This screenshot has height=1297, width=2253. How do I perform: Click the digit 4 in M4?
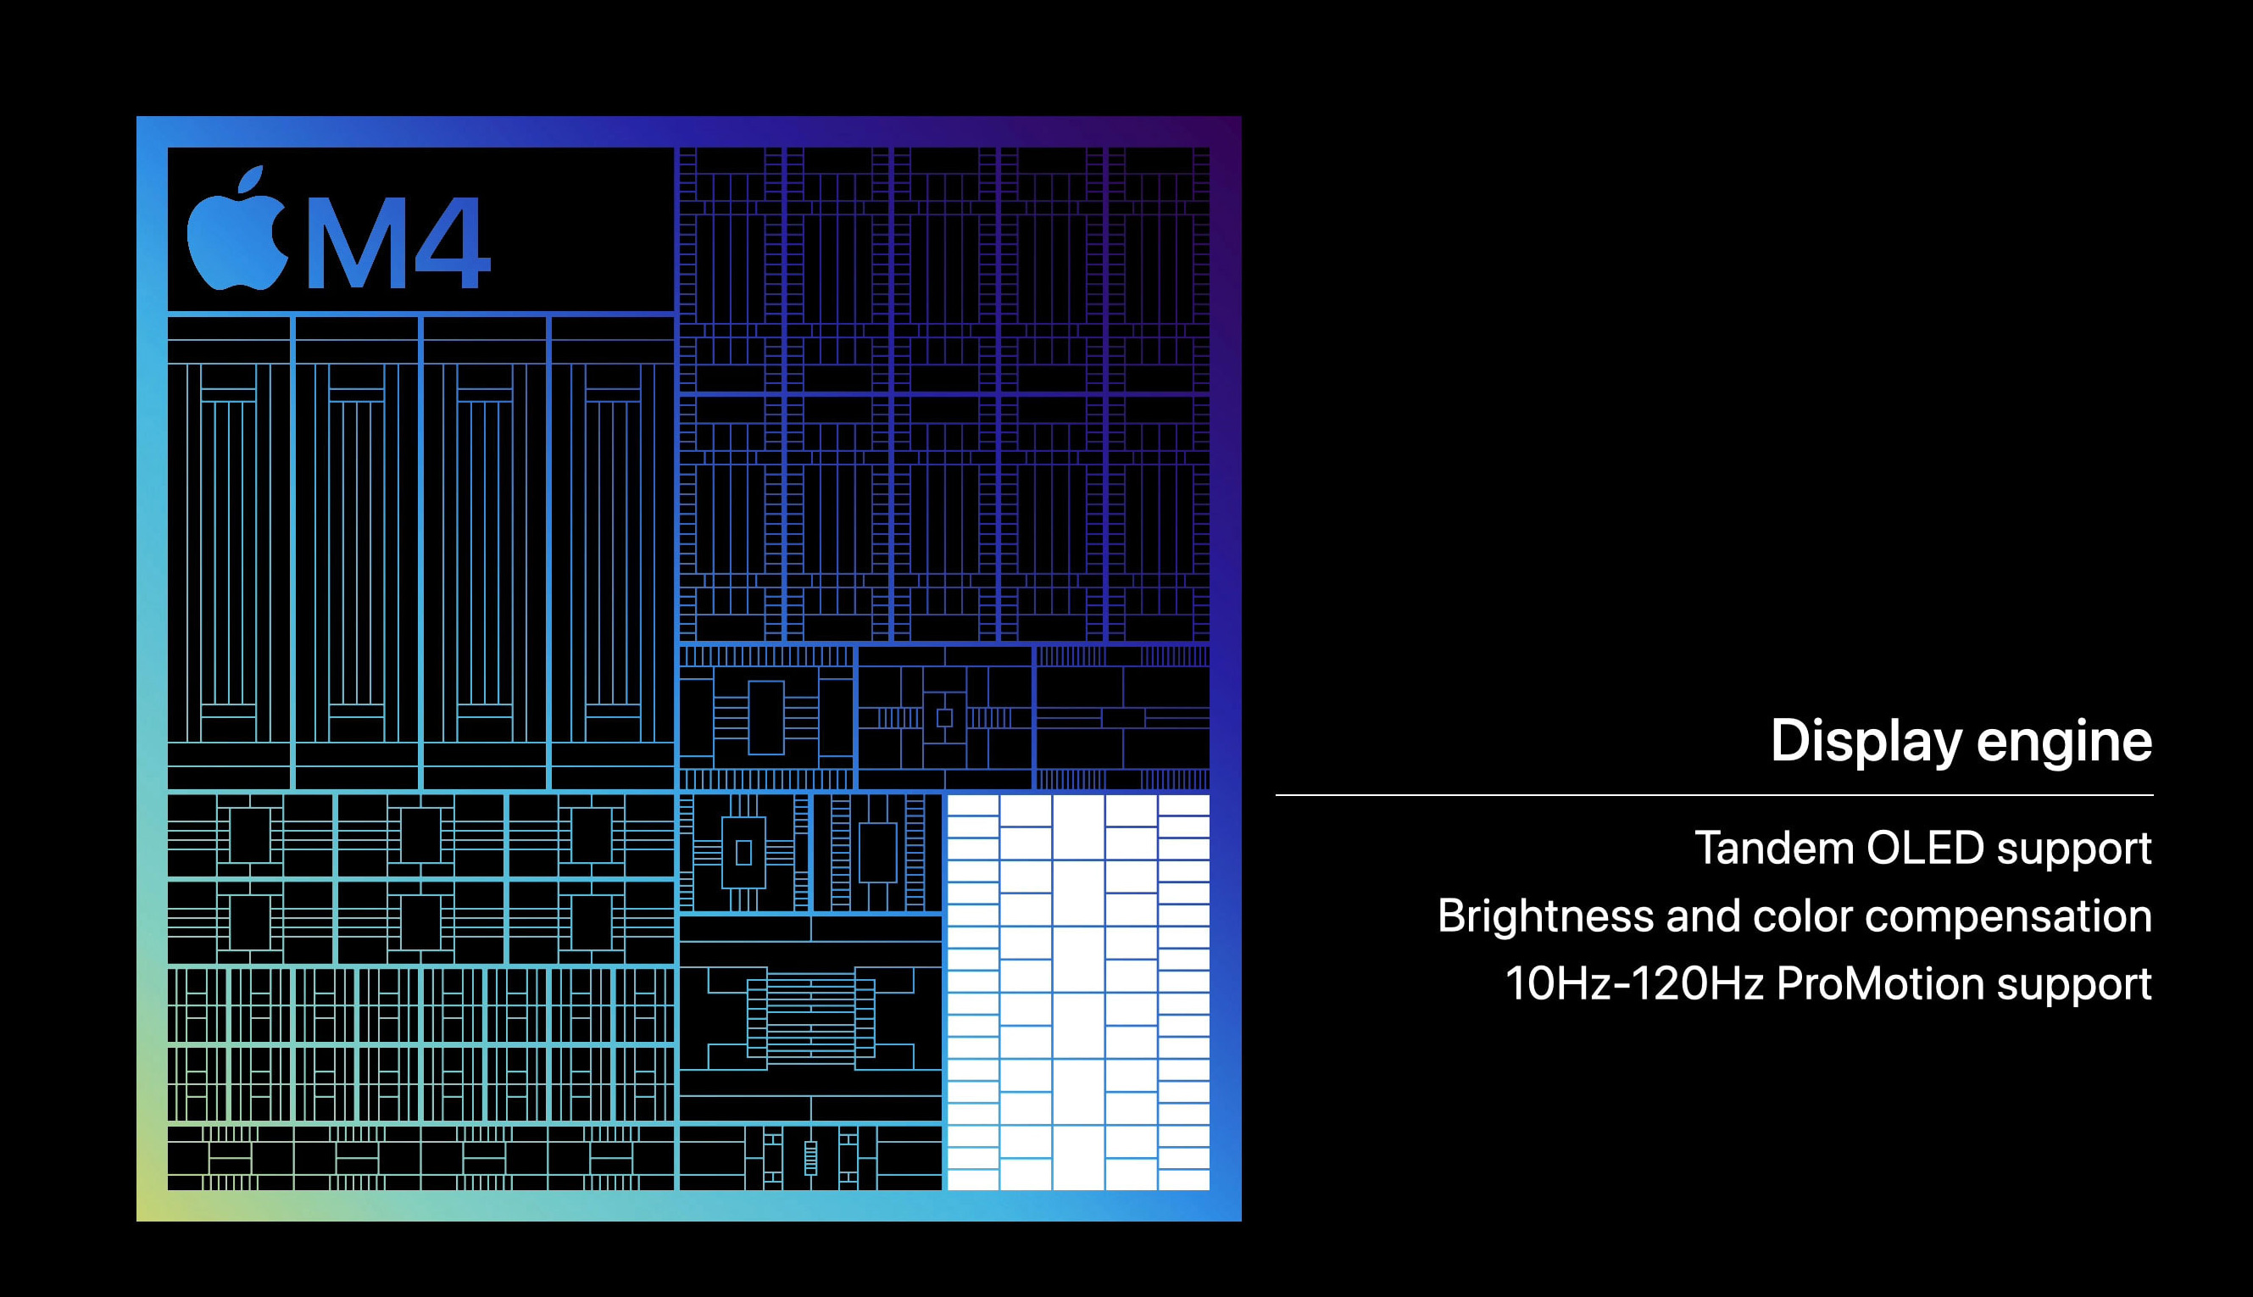coord(453,242)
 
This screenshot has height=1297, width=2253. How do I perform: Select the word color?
coord(1802,916)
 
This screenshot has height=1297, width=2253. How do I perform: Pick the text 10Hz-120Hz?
coord(1634,984)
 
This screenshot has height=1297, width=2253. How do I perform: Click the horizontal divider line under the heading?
coord(1714,794)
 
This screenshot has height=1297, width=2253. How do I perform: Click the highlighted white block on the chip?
coord(1077,992)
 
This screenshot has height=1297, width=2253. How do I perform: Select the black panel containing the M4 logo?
coord(420,229)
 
